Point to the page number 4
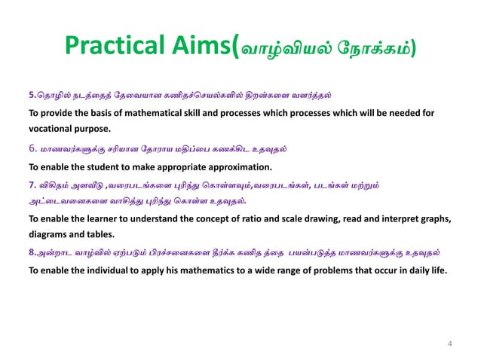[x=450, y=345]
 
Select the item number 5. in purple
[x=32, y=96]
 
